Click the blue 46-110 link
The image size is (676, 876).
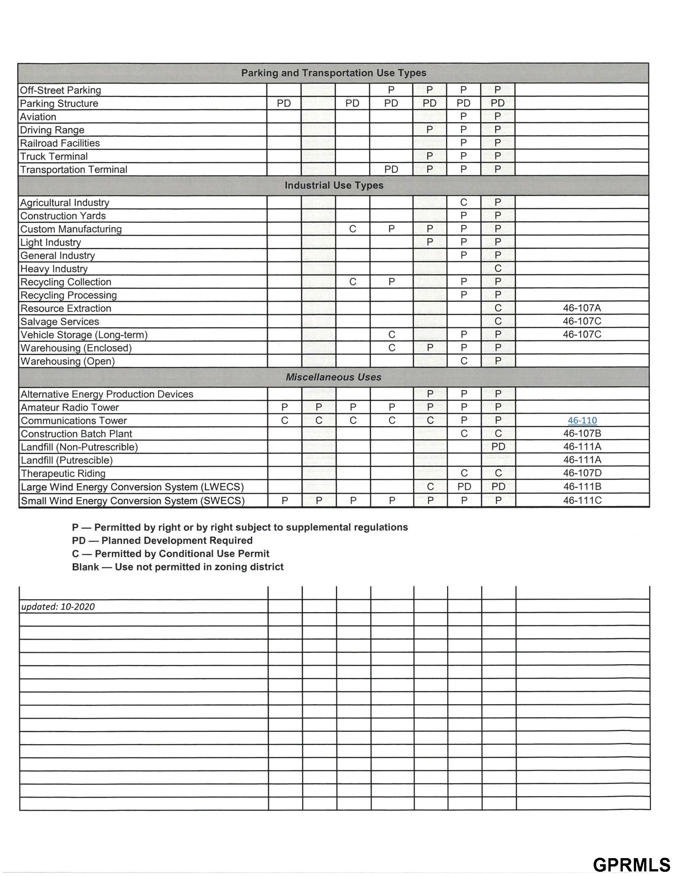pos(582,421)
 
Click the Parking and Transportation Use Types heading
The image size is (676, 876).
pos(333,73)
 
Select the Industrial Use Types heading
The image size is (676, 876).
pos(334,185)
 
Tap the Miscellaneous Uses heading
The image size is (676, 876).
pos(333,377)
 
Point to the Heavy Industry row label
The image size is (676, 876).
pos(54,269)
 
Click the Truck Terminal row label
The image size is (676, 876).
pos(54,156)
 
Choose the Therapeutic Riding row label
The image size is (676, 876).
pos(63,473)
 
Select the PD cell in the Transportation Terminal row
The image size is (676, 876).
pos(391,169)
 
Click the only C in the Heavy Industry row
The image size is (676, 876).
pos(498,268)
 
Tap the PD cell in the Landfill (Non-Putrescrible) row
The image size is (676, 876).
pos(498,446)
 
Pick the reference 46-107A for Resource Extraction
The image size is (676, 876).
pos(582,308)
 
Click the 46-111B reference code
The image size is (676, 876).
pos(582,487)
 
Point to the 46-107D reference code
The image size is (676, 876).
pos(582,473)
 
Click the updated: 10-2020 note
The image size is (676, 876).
pos(58,606)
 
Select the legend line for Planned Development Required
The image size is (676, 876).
pos(162,540)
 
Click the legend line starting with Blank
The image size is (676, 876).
pos(177,567)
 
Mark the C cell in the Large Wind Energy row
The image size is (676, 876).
pos(430,487)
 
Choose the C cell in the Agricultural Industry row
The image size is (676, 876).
pos(464,203)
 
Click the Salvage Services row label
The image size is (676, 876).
pos(60,322)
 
